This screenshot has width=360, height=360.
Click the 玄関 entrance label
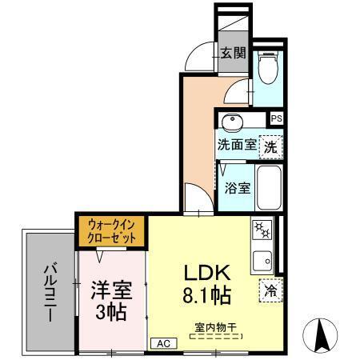click(x=234, y=54)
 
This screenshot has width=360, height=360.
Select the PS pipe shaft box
click(x=276, y=118)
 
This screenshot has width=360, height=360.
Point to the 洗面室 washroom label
click(x=237, y=146)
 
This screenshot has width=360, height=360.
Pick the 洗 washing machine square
click(x=272, y=146)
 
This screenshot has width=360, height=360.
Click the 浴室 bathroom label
click(x=238, y=189)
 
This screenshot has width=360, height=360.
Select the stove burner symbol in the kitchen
click(x=263, y=230)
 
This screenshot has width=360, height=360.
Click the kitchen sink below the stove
click(x=262, y=259)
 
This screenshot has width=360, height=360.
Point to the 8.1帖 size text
click(x=205, y=297)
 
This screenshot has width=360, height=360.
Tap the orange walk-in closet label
click(x=112, y=231)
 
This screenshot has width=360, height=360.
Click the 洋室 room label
click(x=112, y=289)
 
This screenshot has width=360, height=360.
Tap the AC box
click(x=163, y=342)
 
